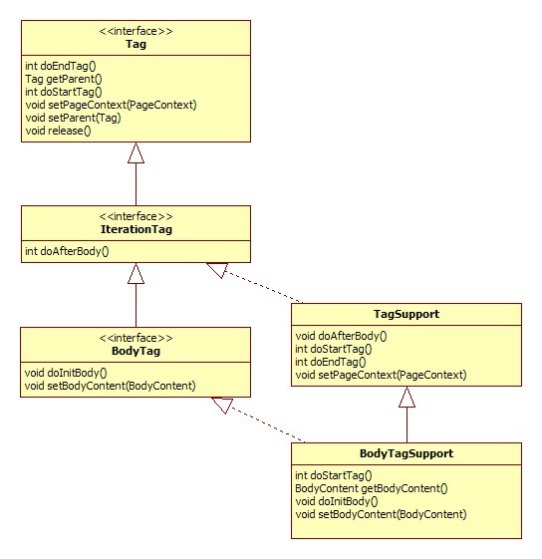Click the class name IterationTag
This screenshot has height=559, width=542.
point(136,229)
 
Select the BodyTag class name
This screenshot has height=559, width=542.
point(135,351)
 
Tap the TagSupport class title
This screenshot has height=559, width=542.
point(406,314)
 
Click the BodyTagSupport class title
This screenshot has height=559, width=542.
point(406,453)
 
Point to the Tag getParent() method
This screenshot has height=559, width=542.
point(64,79)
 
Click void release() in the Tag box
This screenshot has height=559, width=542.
point(58,131)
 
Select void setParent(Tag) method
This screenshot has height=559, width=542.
point(73,118)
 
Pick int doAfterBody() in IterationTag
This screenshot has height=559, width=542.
point(67,251)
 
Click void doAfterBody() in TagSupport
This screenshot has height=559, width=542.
point(342,336)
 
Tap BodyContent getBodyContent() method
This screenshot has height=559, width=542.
point(372,488)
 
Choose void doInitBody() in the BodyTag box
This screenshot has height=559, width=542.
point(66,373)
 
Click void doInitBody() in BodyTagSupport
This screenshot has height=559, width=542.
point(336,501)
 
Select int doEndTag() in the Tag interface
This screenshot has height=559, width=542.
point(61,66)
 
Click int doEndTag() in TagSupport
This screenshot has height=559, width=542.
point(331,362)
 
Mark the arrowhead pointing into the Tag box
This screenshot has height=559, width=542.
point(135,152)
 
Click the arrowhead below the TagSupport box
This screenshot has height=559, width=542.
point(406,397)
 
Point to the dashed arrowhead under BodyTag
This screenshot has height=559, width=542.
point(222,405)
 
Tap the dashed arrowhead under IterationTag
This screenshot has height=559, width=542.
point(218,270)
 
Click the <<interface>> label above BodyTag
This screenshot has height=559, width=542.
point(135,338)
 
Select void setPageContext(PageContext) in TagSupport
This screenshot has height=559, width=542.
point(381,375)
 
